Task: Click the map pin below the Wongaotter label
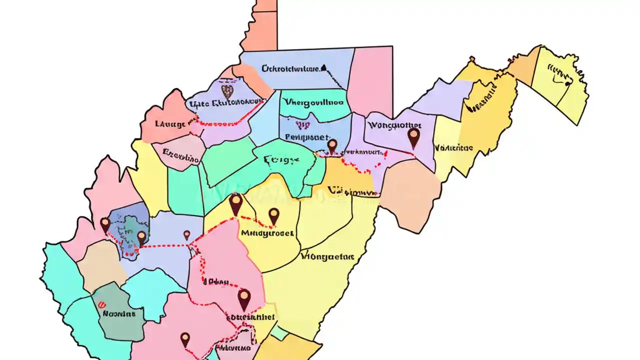413,136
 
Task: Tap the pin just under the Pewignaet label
332,145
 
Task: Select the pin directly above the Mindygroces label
273,216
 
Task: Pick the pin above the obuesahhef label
243,298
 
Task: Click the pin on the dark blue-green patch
141,237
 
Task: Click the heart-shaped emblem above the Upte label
227,91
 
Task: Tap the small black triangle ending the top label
323,66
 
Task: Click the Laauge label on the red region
170,123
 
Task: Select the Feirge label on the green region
280,160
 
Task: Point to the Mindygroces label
267,233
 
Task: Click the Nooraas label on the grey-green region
118,314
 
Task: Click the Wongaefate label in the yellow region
327,257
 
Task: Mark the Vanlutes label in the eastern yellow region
453,148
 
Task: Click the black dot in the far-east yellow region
567,83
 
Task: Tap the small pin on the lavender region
186,234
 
